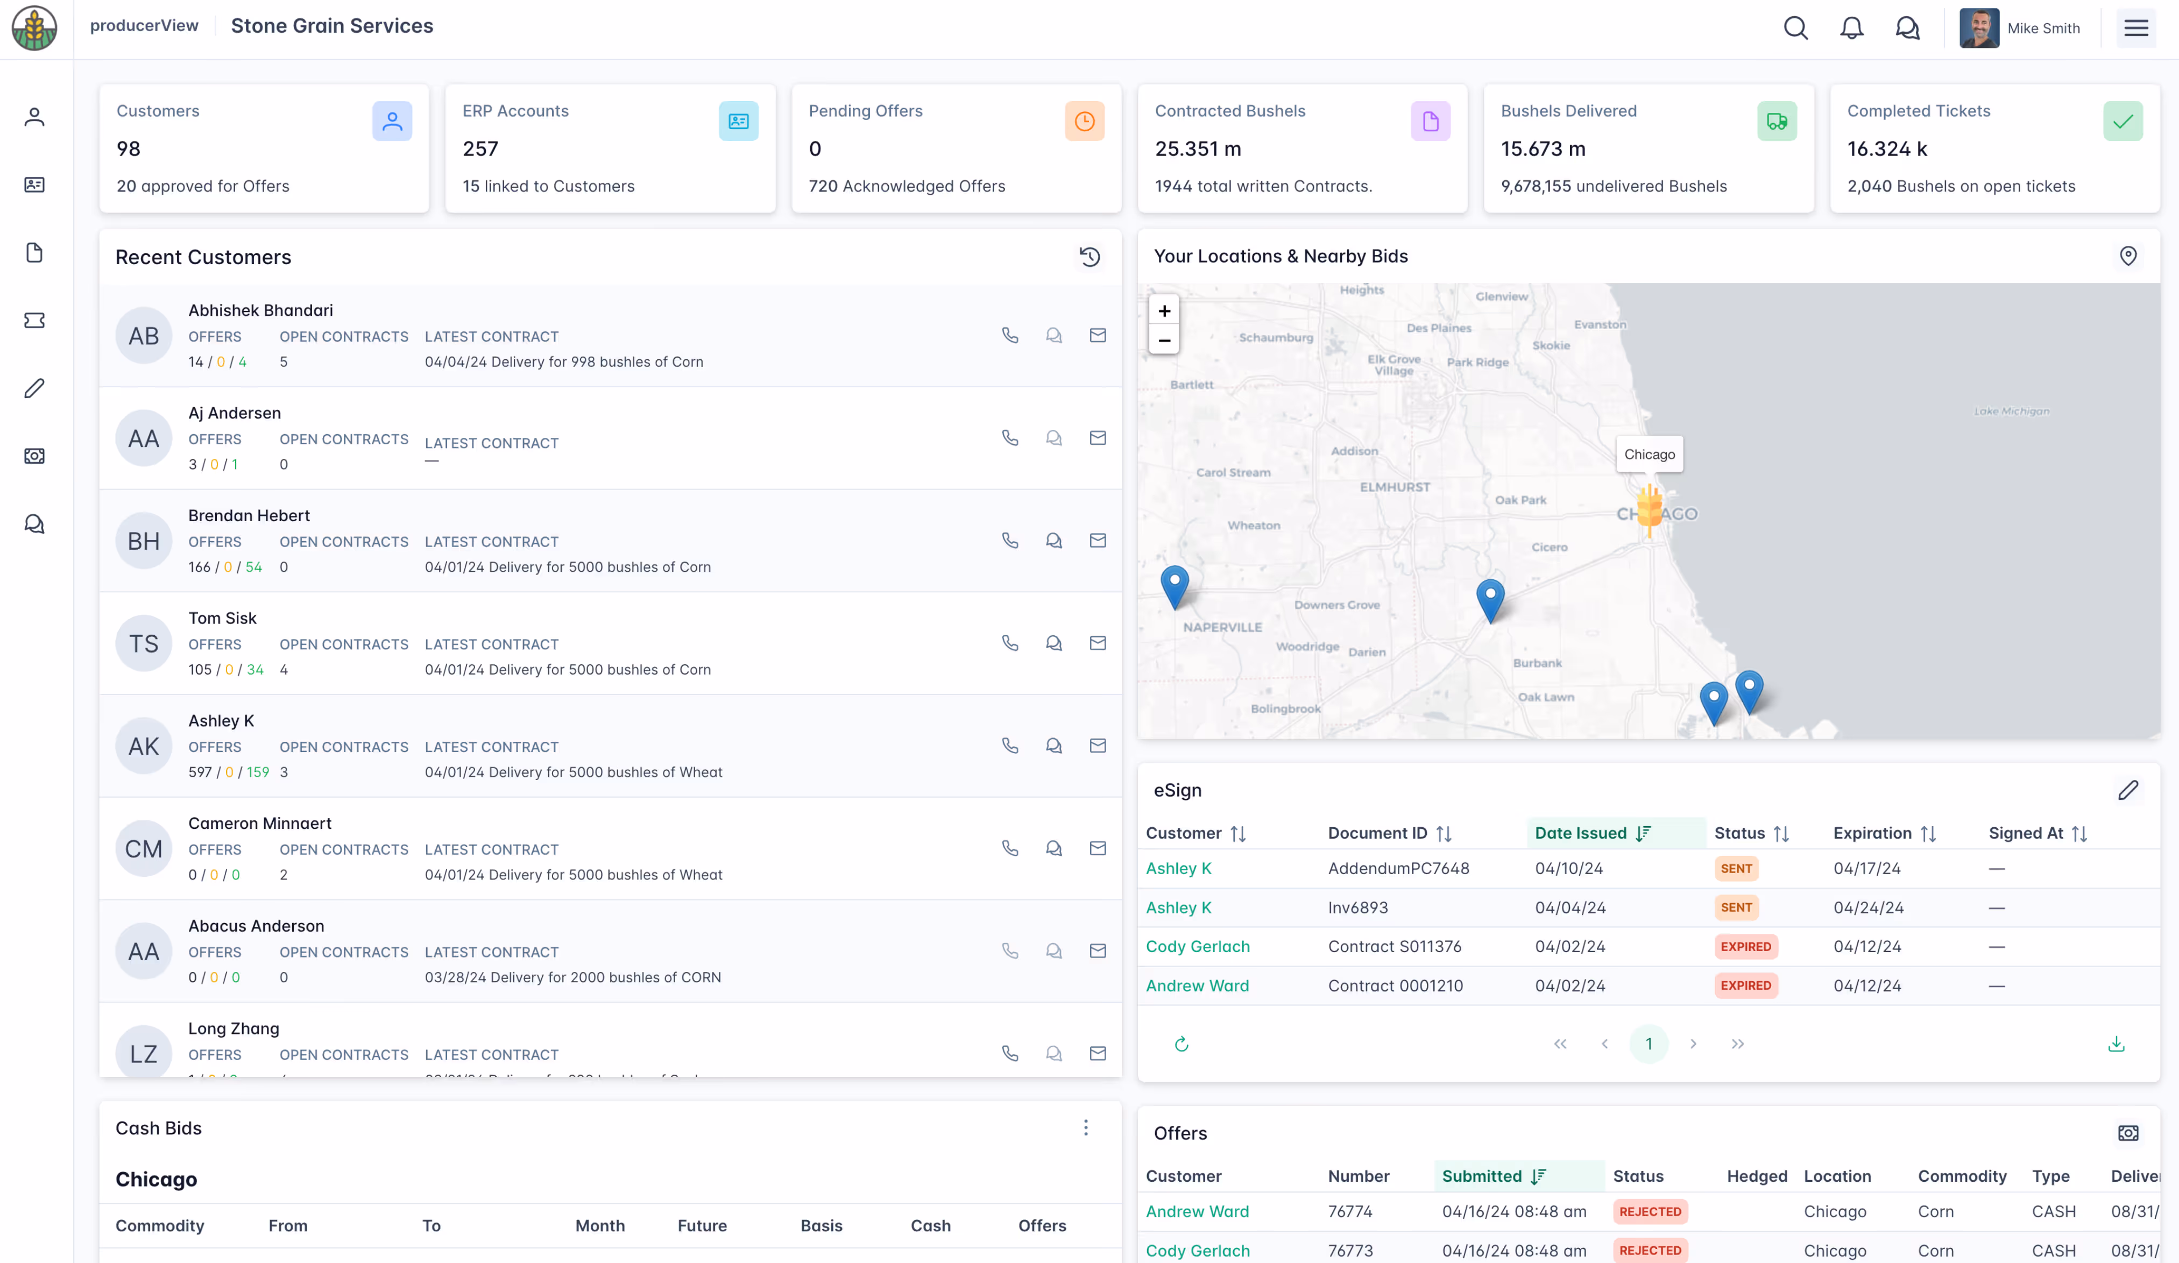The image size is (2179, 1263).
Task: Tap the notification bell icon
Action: (x=1851, y=27)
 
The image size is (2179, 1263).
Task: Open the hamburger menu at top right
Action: (x=2136, y=27)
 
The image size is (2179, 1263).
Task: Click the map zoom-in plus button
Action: (x=1164, y=310)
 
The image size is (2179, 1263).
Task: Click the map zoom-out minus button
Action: (x=1164, y=340)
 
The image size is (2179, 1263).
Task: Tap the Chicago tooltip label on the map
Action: (x=1649, y=454)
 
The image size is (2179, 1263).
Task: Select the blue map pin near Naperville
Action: (x=1174, y=585)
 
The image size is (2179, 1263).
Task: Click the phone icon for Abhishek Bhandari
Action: (x=1010, y=336)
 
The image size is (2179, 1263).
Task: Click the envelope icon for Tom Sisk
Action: (x=1097, y=643)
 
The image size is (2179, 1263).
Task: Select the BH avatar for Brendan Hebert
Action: (x=144, y=541)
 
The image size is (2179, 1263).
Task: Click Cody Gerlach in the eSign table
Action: (x=1198, y=947)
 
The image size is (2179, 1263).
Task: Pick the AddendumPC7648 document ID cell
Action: (x=1398, y=868)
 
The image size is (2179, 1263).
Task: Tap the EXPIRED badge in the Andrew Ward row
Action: (x=1745, y=985)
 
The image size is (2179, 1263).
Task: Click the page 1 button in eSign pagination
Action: (x=1648, y=1044)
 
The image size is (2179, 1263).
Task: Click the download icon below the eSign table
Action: (x=2116, y=1044)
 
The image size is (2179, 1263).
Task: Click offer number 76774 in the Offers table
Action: (x=1350, y=1211)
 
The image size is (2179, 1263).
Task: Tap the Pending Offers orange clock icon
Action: (x=1084, y=121)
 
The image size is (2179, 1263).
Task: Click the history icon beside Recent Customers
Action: (x=1089, y=257)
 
